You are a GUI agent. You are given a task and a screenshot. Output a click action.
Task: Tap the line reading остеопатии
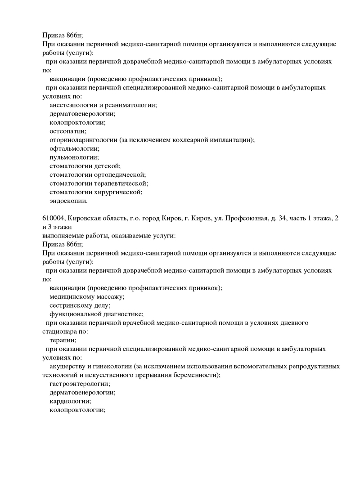(67, 131)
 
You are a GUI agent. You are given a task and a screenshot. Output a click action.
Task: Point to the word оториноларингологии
(84, 139)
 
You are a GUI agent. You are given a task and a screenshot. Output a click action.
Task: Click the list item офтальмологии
(74, 148)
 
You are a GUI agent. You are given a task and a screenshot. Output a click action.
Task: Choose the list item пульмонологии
(74, 157)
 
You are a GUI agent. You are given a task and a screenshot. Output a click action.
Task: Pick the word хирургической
(118, 192)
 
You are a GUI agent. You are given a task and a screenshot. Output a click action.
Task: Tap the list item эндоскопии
(68, 201)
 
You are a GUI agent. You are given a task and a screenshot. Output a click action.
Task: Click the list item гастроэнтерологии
(80, 384)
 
